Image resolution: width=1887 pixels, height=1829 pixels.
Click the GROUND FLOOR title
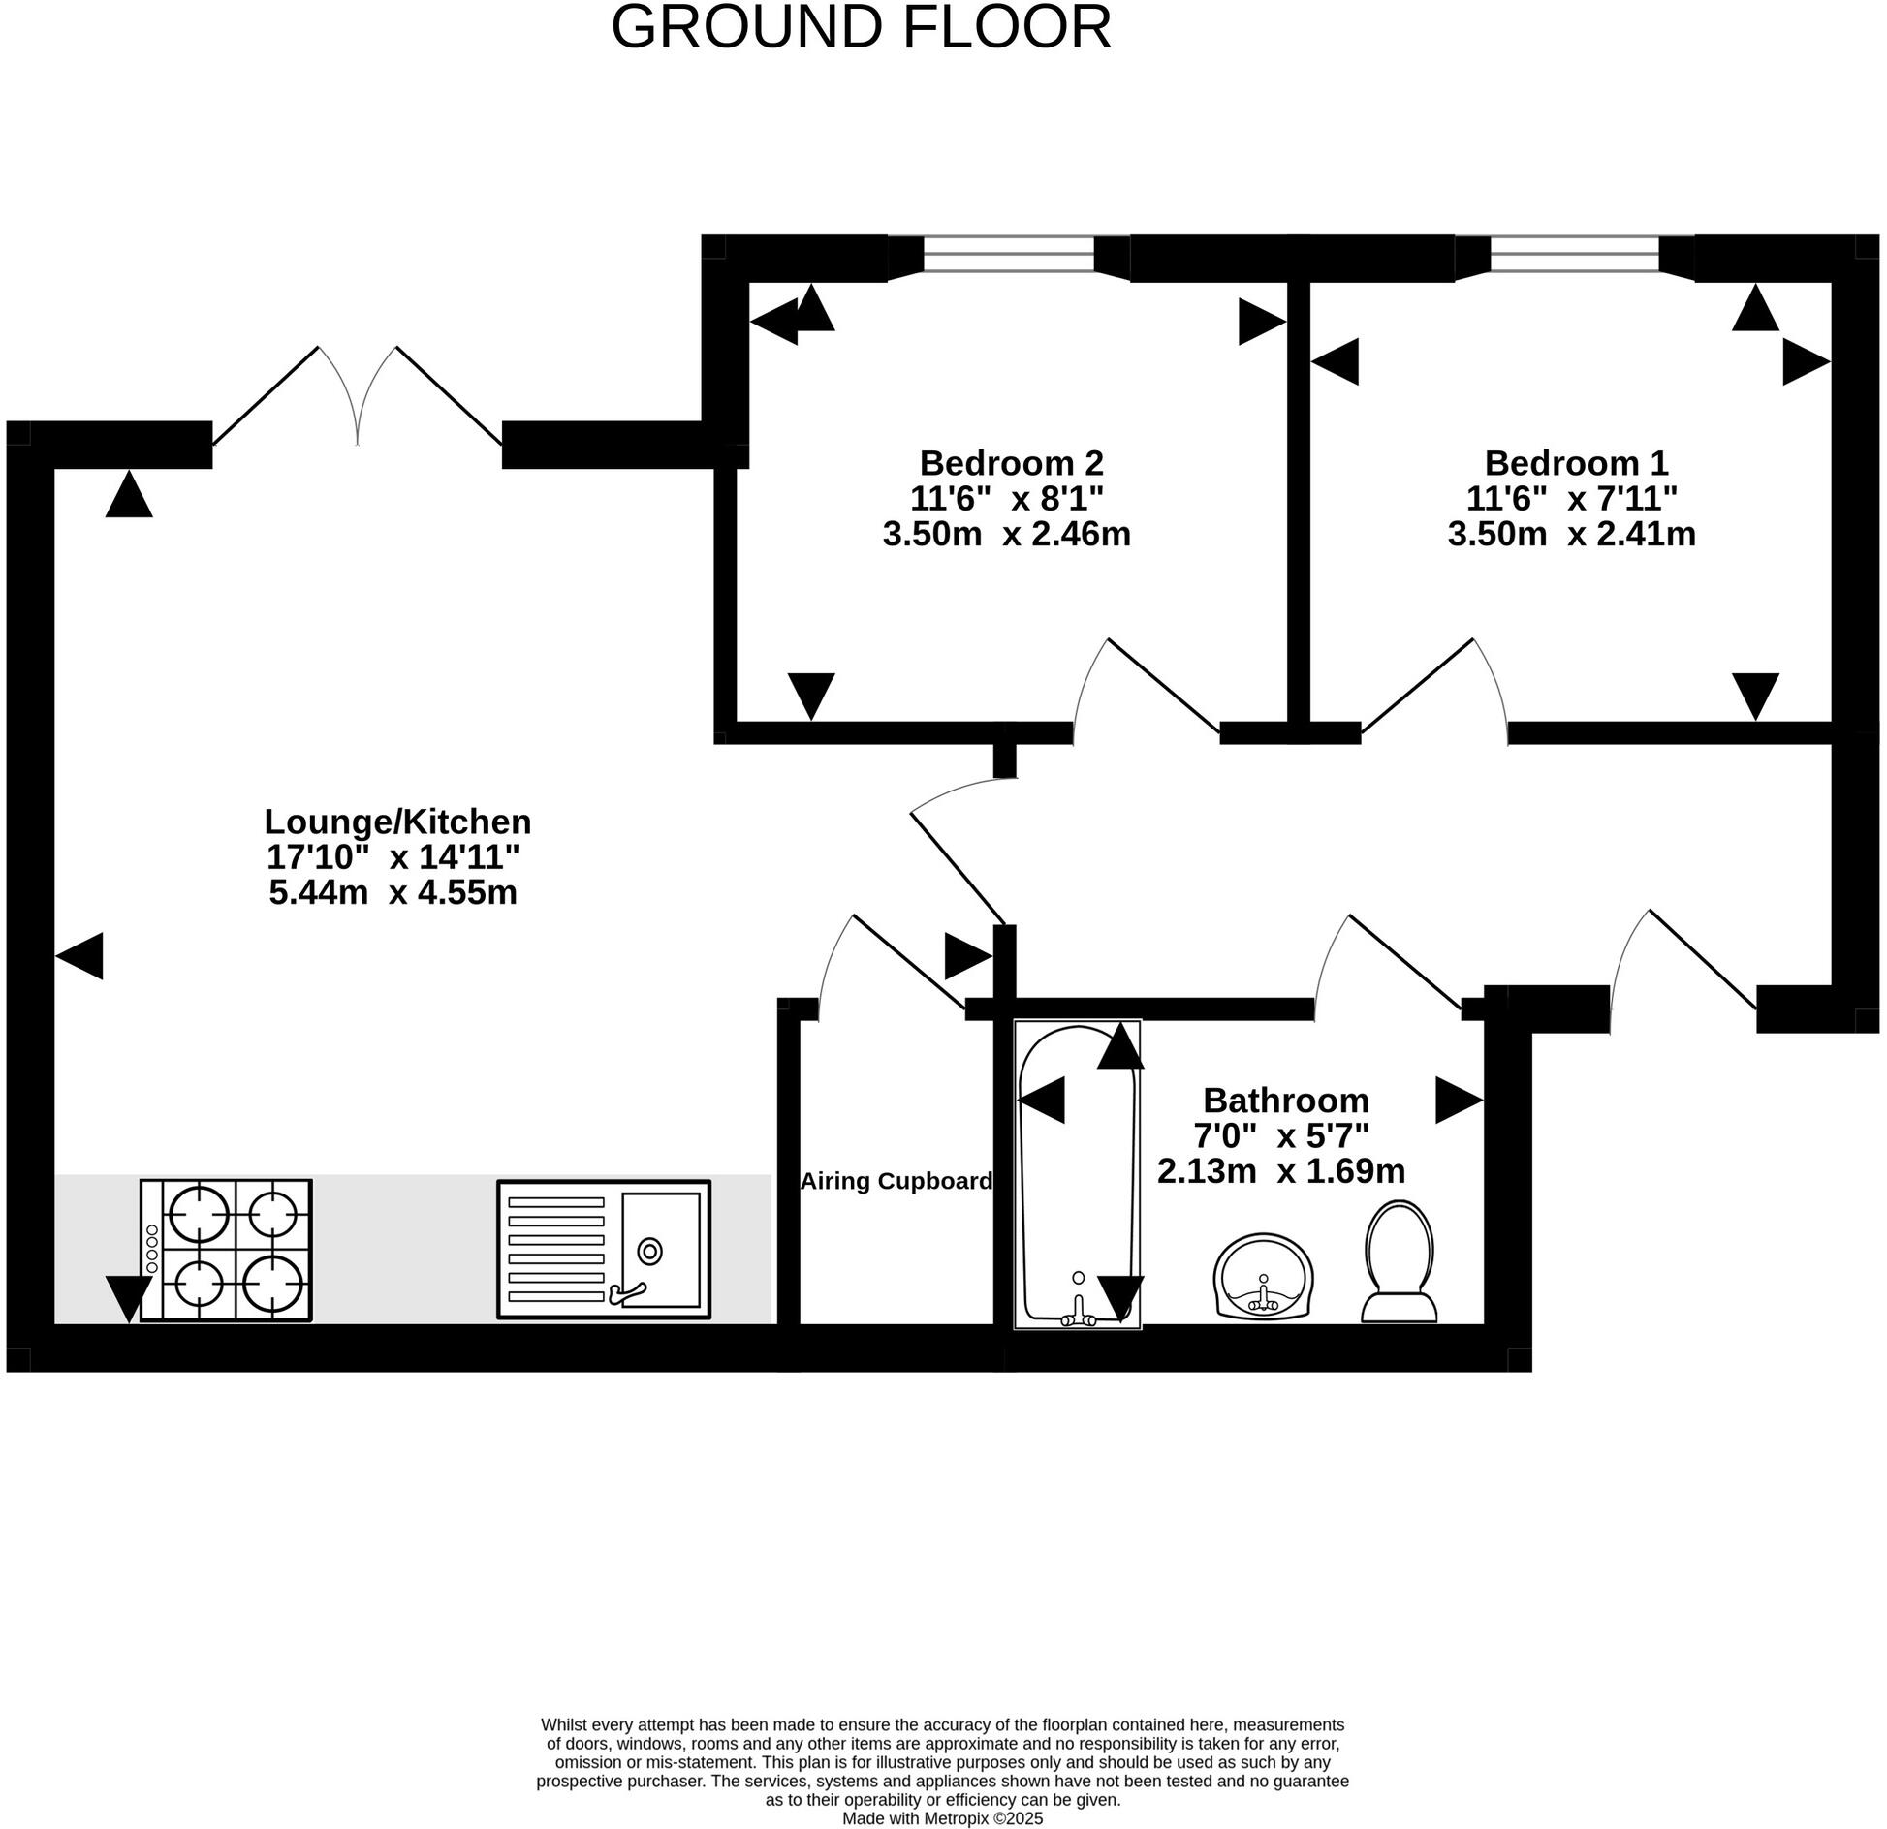coord(861,28)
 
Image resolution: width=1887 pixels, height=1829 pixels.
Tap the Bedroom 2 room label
coord(1011,461)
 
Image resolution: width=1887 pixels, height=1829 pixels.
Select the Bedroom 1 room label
coord(1576,461)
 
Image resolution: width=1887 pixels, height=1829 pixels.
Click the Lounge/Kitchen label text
coord(397,821)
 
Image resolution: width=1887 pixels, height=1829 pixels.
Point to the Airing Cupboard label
coord(896,1181)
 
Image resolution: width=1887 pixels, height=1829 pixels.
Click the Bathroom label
coord(1285,1100)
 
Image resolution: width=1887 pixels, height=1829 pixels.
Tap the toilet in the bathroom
coord(1399,1260)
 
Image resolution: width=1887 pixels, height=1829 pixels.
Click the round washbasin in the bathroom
coord(1263,1276)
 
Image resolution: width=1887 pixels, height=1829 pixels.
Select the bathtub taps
coord(1079,1313)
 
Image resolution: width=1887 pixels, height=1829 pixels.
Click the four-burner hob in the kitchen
coord(227,1249)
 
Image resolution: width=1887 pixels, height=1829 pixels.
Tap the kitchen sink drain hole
coord(649,1252)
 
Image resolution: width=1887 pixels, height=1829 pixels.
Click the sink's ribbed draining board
coord(556,1249)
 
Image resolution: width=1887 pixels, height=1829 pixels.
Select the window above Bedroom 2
coord(1008,256)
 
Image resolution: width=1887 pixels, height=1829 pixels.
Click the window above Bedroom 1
coord(1574,256)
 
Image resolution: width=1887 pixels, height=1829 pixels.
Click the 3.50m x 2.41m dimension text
coord(1571,535)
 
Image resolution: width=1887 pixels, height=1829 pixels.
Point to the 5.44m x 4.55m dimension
coord(393,892)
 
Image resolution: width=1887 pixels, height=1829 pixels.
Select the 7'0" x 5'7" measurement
coord(1280,1135)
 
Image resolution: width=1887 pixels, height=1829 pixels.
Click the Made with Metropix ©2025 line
coord(942,1818)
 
